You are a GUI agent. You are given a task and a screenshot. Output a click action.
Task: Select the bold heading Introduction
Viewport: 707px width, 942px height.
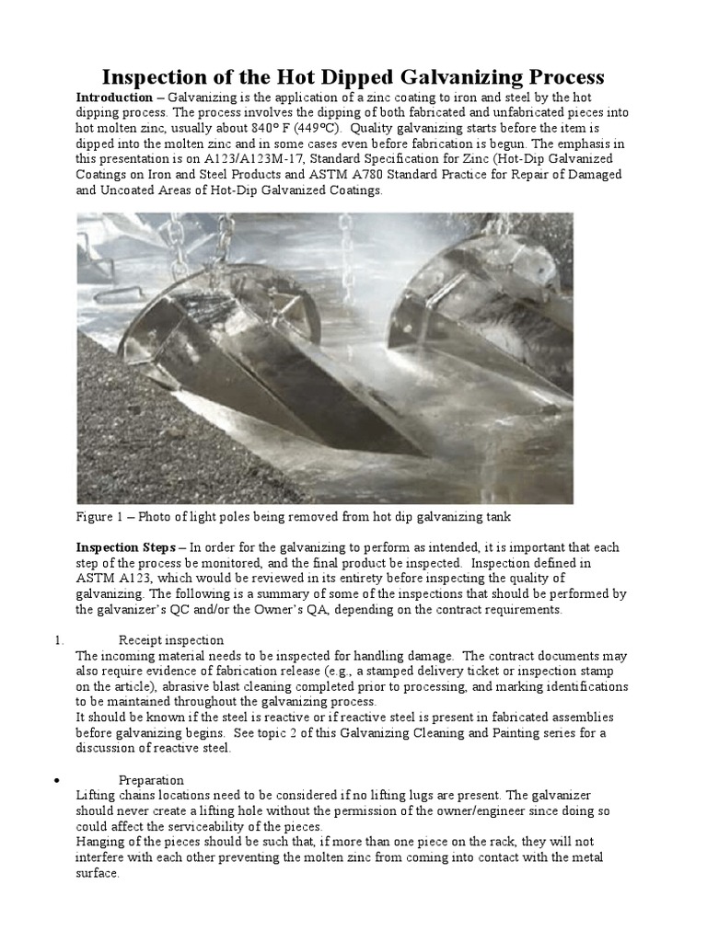click(113, 98)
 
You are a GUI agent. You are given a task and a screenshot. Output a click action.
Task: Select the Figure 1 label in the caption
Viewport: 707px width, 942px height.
click(103, 517)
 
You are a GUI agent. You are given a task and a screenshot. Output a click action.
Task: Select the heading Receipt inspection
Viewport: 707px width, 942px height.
click(171, 640)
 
